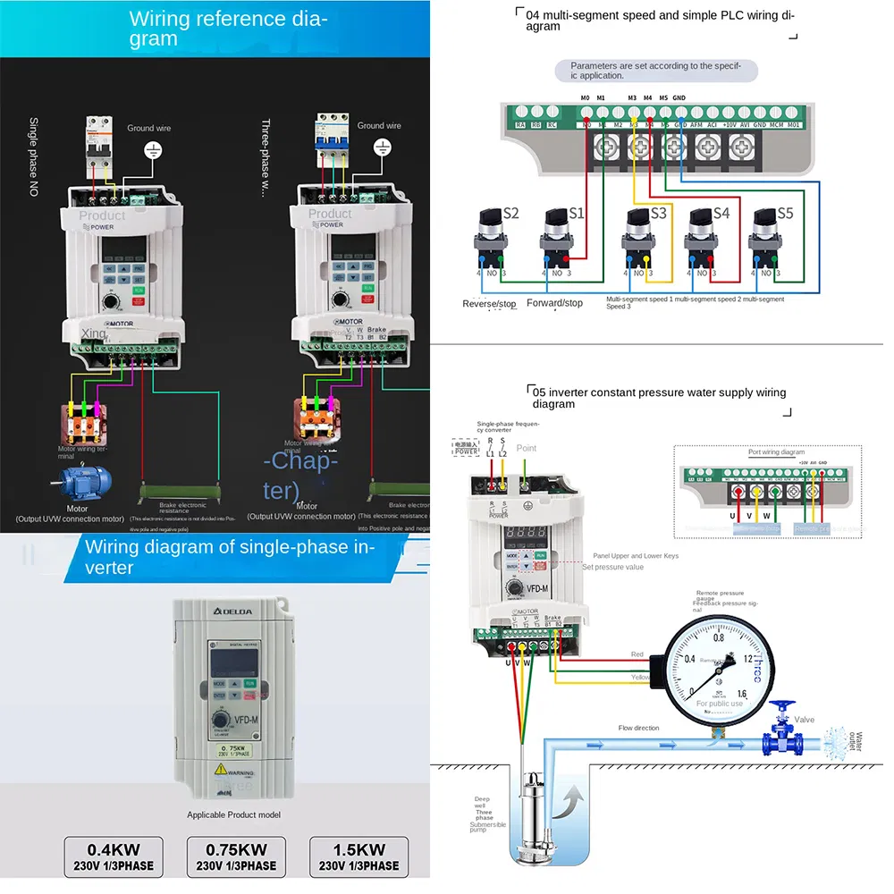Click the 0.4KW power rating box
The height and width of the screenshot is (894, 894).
114,856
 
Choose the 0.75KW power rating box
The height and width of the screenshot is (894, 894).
236,856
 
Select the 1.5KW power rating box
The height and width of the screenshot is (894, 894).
359,856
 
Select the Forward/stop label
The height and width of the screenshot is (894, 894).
554,303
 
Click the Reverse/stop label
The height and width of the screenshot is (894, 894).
489,304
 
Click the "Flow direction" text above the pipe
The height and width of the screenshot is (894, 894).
638,728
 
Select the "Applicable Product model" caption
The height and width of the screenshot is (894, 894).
233,814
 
